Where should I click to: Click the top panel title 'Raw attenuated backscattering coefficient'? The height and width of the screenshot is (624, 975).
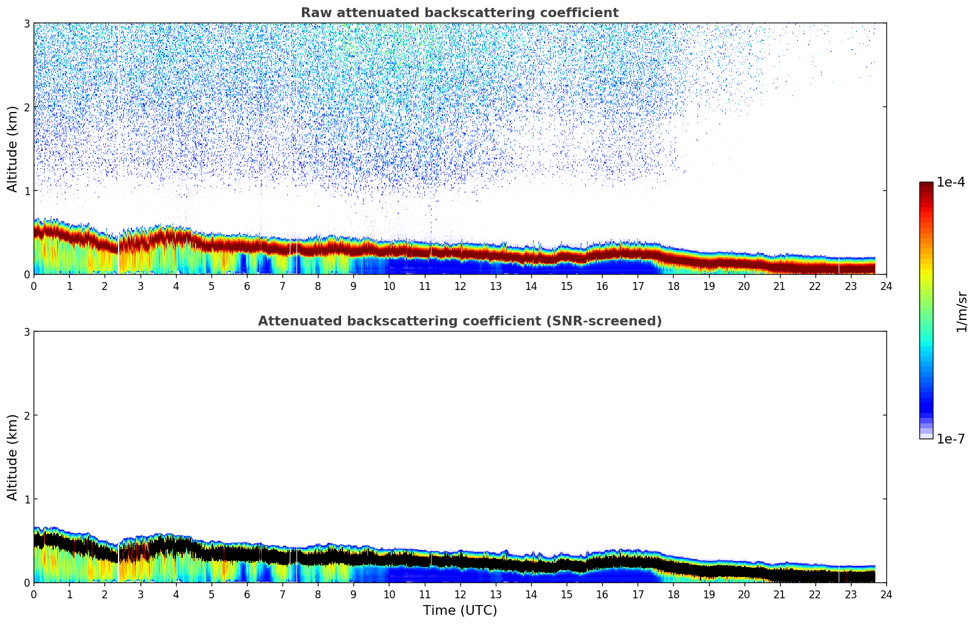pyautogui.click(x=459, y=13)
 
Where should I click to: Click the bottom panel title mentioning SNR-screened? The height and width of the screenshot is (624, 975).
pyautogui.click(x=459, y=321)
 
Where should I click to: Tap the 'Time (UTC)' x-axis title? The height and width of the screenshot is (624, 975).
pyautogui.click(x=460, y=611)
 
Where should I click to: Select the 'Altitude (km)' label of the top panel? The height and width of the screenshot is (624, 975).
pyautogui.click(x=13, y=149)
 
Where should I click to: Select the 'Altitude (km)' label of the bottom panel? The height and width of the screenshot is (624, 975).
pyautogui.click(x=13, y=457)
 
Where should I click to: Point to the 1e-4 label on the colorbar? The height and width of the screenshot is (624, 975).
pyautogui.click(x=951, y=182)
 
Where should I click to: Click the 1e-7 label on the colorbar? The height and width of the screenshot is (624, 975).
pyautogui.click(x=951, y=439)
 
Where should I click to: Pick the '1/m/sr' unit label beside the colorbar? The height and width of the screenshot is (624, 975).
pyautogui.click(x=962, y=311)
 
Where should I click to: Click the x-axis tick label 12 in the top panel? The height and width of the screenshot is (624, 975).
pyautogui.click(x=460, y=286)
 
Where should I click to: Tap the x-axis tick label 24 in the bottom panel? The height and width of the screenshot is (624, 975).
pyautogui.click(x=886, y=595)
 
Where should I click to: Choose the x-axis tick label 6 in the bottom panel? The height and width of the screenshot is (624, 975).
pyautogui.click(x=247, y=595)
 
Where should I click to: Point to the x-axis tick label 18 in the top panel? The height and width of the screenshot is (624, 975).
pyautogui.click(x=673, y=286)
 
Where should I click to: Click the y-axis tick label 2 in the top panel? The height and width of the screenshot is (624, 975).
pyautogui.click(x=27, y=107)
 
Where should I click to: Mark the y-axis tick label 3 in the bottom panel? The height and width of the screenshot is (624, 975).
pyautogui.click(x=27, y=332)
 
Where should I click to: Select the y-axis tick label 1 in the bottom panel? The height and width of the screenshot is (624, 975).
pyautogui.click(x=27, y=499)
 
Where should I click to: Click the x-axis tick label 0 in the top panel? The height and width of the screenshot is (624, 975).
pyautogui.click(x=34, y=286)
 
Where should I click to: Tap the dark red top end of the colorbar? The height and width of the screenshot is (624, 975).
pyautogui.click(x=926, y=185)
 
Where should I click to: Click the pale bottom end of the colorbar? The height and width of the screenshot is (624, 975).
pyautogui.click(x=926, y=436)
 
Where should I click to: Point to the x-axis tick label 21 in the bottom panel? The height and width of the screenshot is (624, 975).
pyautogui.click(x=779, y=595)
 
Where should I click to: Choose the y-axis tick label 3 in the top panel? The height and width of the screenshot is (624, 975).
pyautogui.click(x=27, y=23)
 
